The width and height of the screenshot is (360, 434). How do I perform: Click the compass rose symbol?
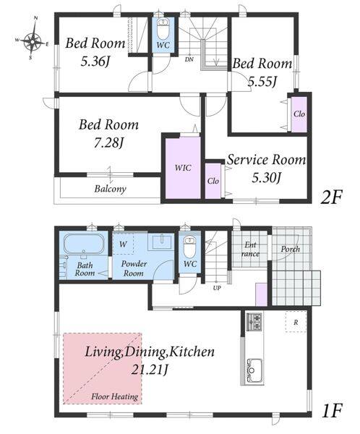click(x=33, y=38)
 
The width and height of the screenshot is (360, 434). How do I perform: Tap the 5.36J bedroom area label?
click(x=95, y=61)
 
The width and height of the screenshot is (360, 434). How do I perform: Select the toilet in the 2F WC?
click(x=163, y=30)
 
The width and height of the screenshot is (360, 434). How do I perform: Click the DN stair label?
click(x=189, y=59)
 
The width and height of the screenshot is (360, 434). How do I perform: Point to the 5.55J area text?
click(x=262, y=82)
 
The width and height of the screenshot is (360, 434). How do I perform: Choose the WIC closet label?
click(x=183, y=168)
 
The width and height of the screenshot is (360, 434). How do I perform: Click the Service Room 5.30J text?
click(x=267, y=169)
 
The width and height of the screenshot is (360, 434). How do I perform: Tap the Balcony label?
click(x=110, y=189)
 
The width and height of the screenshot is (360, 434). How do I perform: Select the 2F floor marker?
click(x=331, y=197)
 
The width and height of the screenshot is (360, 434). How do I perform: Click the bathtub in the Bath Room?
click(x=84, y=243)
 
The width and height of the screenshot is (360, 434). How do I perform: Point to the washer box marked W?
click(x=123, y=244)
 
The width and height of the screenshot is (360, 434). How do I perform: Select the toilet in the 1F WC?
click(x=190, y=247)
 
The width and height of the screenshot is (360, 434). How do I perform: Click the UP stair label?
click(x=217, y=288)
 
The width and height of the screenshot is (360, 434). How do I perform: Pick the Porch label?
click(x=291, y=249)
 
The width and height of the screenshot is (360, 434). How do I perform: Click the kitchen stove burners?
click(x=254, y=322)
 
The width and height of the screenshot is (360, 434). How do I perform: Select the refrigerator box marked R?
click(x=296, y=321)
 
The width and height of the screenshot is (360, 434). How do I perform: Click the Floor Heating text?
click(x=114, y=396)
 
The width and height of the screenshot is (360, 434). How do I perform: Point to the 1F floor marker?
click(x=332, y=410)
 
